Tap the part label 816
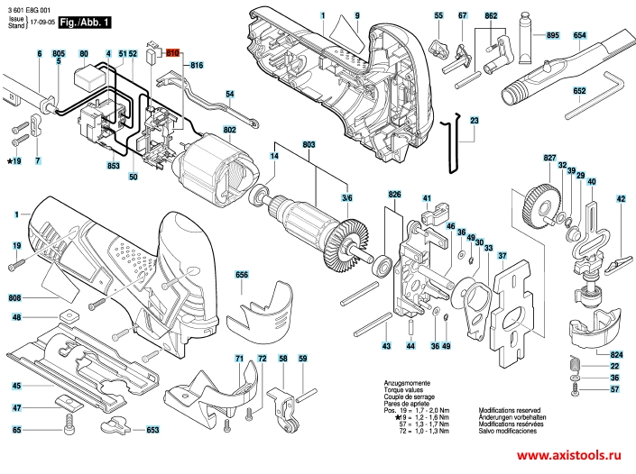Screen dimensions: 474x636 pyautogui.click(x=198, y=66)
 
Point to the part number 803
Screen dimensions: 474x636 pyautogui.click(x=309, y=146)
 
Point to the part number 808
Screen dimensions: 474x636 pyautogui.click(x=16, y=298)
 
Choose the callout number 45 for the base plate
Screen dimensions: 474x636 pyautogui.click(x=16, y=386)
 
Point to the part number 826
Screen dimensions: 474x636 pyautogui.click(x=394, y=196)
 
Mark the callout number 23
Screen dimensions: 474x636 pyautogui.click(x=475, y=121)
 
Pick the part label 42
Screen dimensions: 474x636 pyautogui.click(x=621, y=199)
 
